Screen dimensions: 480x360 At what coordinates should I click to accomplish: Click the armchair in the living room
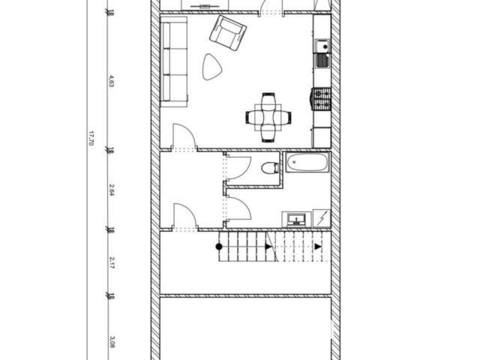(x=228, y=33)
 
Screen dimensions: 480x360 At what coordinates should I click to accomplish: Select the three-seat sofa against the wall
(x=174, y=61)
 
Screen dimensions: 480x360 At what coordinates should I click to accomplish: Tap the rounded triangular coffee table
(x=211, y=67)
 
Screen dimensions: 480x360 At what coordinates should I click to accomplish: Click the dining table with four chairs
(x=268, y=117)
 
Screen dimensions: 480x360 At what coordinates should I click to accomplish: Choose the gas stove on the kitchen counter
(x=322, y=99)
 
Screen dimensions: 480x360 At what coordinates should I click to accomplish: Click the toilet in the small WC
(x=271, y=168)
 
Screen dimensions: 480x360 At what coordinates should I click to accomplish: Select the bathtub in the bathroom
(x=307, y=162)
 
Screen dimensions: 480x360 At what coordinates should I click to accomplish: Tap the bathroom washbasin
(x=296, y=219)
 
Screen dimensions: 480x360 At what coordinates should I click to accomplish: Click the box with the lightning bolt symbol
(x=322, y=218)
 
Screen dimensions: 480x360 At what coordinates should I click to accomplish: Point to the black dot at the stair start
(x=219, y=247)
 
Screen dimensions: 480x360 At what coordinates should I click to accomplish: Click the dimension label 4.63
(x=112, y=81)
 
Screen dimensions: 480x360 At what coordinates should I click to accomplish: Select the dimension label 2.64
(x=112, y=190)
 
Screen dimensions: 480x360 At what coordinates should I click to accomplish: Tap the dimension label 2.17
(x=112, y=262)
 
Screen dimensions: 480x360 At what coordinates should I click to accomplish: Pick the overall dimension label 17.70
(x=91, y=138)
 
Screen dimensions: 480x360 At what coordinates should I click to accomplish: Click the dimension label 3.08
(x=112, y=342)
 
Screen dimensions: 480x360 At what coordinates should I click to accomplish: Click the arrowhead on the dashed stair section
(x=318, y=247)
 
